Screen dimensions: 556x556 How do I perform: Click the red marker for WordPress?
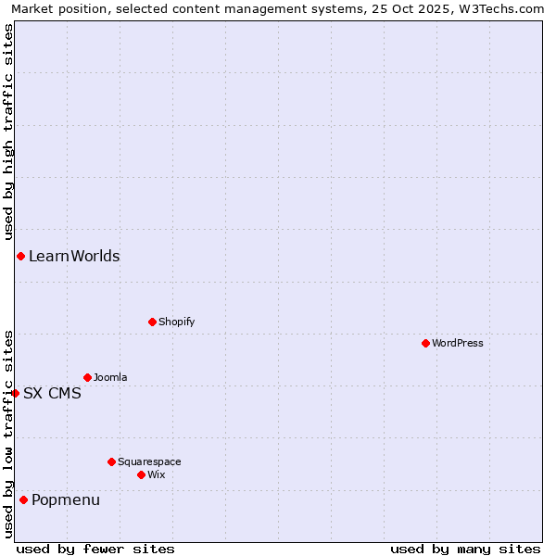tap(425, 343)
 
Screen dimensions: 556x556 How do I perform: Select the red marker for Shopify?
tap(152, 322)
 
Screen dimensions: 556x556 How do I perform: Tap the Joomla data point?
tap(87, 377)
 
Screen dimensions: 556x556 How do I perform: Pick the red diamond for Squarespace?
tap(111, 461)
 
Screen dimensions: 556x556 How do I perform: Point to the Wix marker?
tap(141, 474)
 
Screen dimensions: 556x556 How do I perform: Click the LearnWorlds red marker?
tap(20, 256)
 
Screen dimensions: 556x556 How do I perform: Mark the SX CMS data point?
tap(15, 393)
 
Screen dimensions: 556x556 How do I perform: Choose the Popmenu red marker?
tap(23, 500)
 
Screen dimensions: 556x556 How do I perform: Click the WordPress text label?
tap(458, 344)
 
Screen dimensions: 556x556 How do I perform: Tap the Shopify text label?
tap(177, 322)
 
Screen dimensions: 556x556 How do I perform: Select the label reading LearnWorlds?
tap(74, 257)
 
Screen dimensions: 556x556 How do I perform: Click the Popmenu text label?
tap(66, 500)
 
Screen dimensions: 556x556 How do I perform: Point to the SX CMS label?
tap(52, 394)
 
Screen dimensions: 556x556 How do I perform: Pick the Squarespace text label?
tap(149, 462)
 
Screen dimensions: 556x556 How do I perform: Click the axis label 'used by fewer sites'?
tap(95, 549)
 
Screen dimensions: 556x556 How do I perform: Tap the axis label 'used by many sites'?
tap(465, 549)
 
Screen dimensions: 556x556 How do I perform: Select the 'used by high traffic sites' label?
tap(8, 129)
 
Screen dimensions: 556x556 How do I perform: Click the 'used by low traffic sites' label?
tap(8, 434)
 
